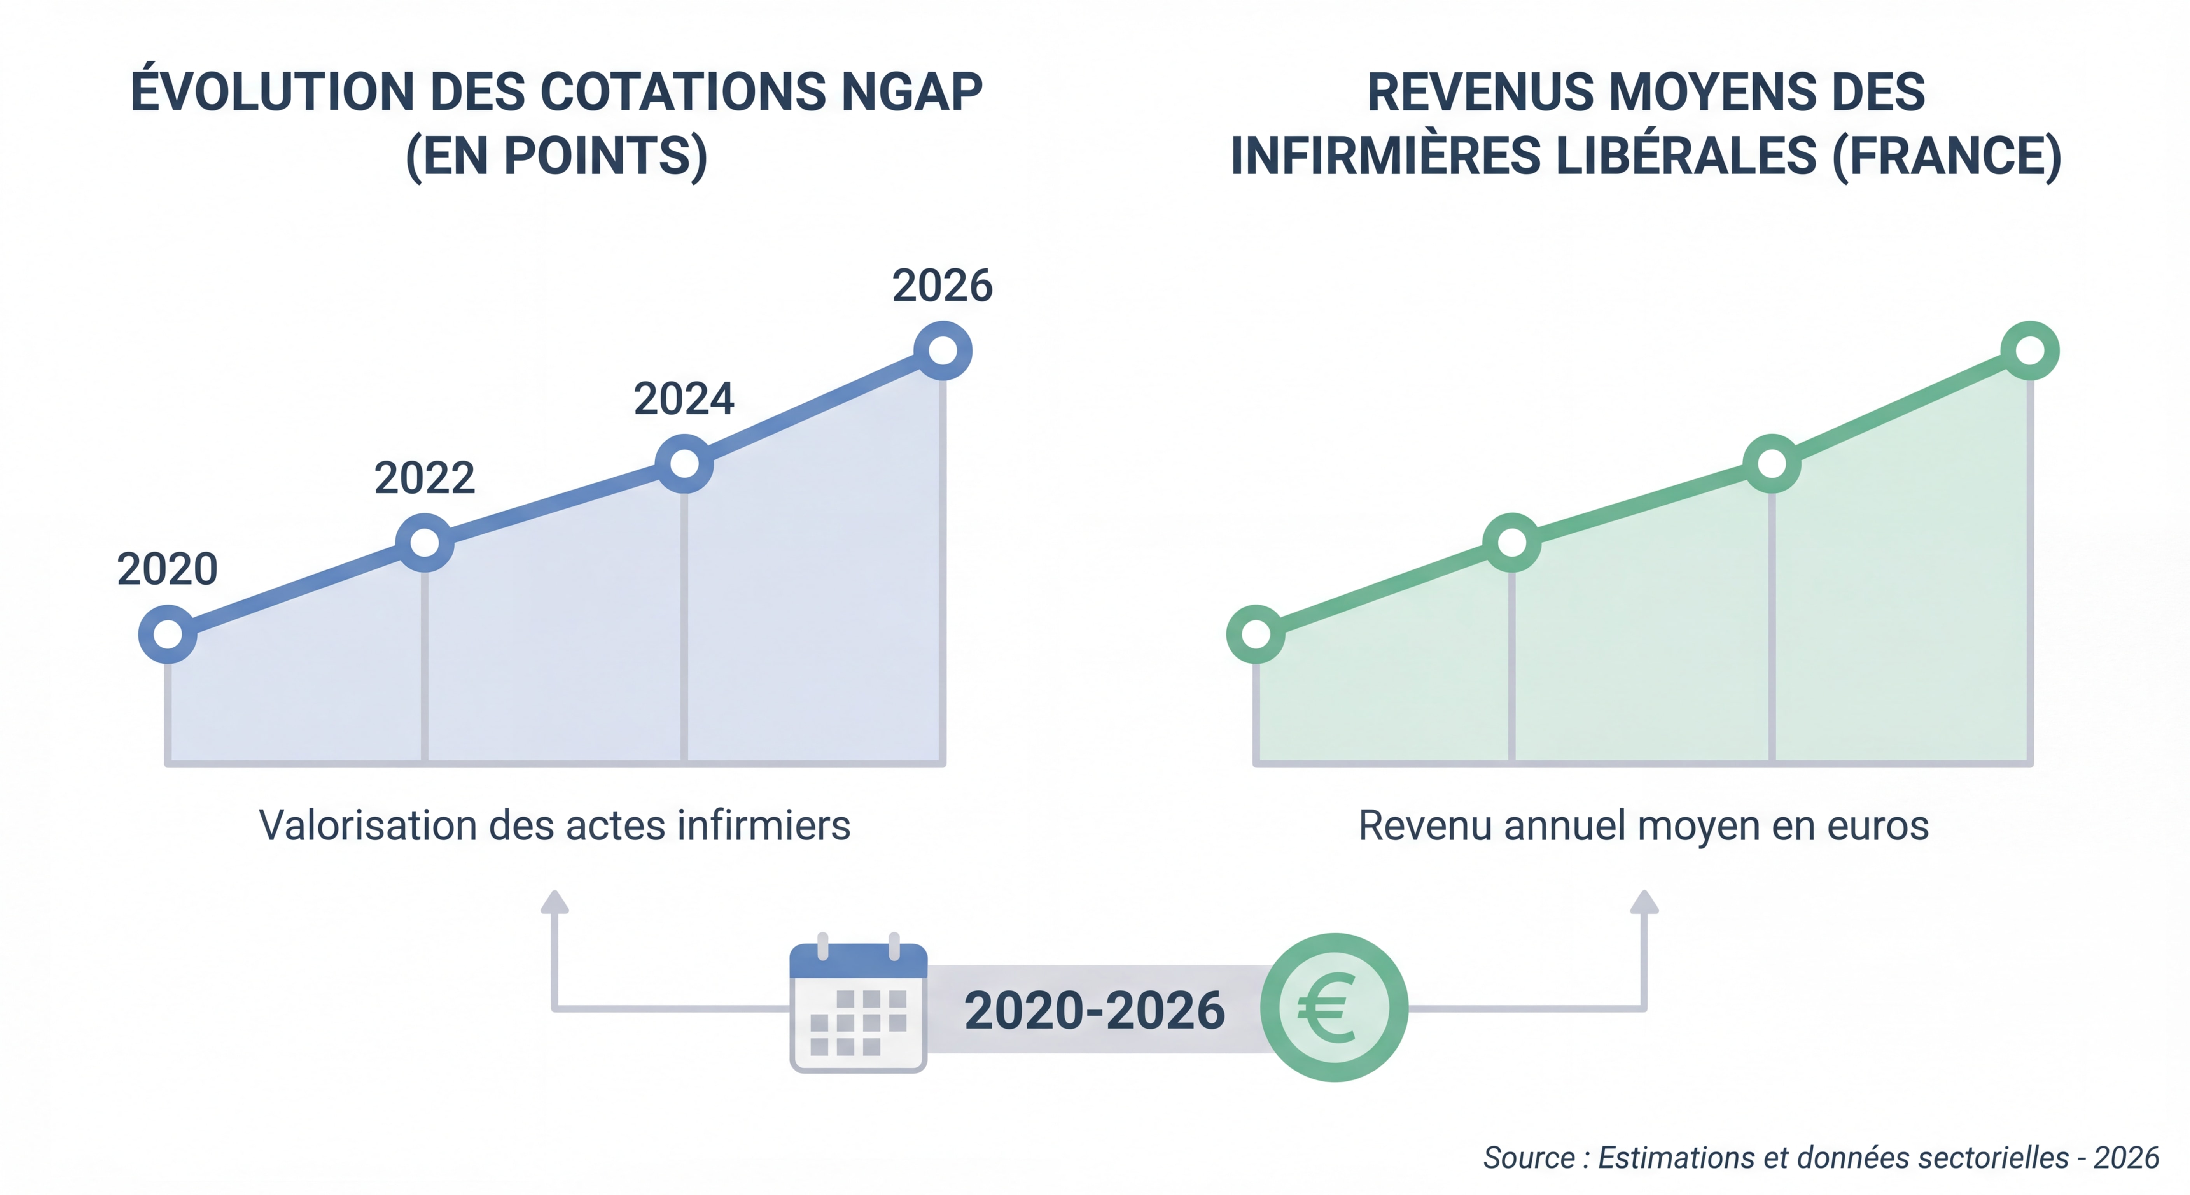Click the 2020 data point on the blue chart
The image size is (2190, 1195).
168,634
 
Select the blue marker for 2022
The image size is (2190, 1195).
424,542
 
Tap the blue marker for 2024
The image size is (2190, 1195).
684,464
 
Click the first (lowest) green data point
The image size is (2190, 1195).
1256,634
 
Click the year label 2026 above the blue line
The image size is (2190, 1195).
942,286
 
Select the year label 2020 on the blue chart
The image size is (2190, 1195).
168,569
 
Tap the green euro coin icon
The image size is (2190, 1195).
1334,1008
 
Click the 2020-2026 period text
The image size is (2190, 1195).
1094,1011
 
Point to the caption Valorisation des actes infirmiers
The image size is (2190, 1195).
554,825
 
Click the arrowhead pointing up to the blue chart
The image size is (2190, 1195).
554,902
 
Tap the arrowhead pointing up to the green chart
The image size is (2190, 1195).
1644,902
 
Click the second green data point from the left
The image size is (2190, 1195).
1511,542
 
